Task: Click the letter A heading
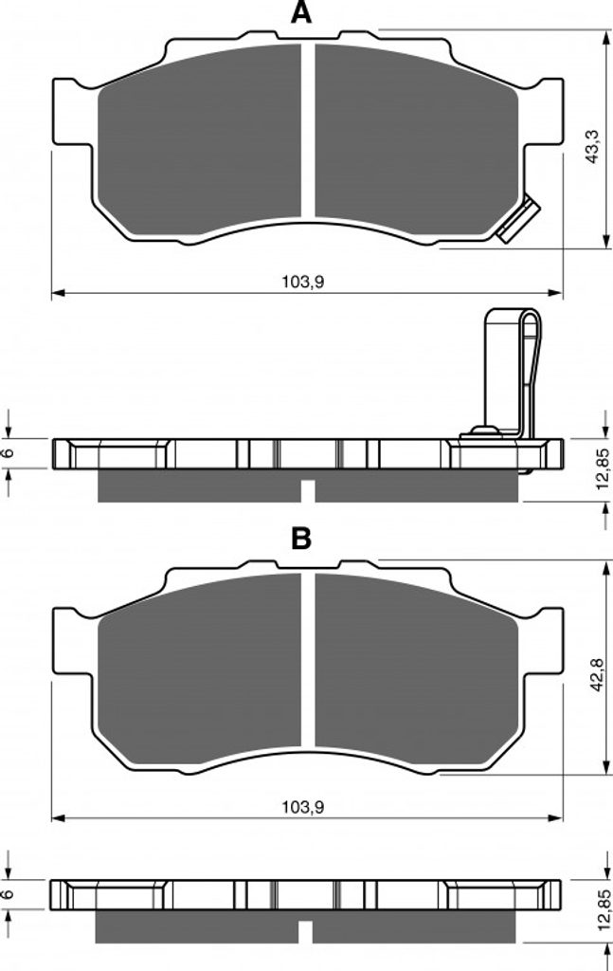click(x=301, y=12)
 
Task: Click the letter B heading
click(x=301, y=539)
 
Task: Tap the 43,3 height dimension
click(x=593, y=146)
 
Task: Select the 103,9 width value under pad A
click(x=303, y=283)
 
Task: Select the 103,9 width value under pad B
click(x=303, y=807)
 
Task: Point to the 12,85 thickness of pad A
click(x=603, y=468)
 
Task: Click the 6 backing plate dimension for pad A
click(x=9, y=452)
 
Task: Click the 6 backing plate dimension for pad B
click(x=9, y=894)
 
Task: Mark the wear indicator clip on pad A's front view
click(x=517, y=219)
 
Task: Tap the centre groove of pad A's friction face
click(x=308, y=131)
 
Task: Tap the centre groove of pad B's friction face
click(x=308, y=660)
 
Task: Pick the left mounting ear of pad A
click(x=73, y=114)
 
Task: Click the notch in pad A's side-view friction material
click(x=308, y=490)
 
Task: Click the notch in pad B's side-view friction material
click(x=306, y=932)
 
